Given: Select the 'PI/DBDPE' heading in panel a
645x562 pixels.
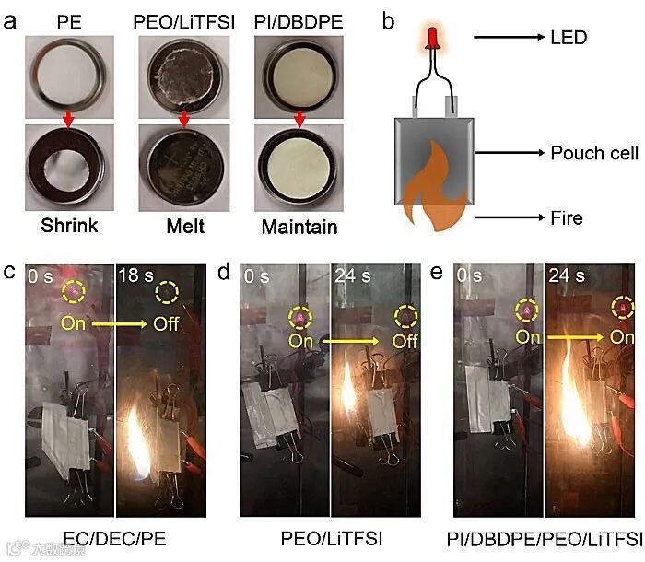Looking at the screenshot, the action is point(295,18).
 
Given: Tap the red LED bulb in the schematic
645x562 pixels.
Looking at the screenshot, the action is point(429,38).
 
